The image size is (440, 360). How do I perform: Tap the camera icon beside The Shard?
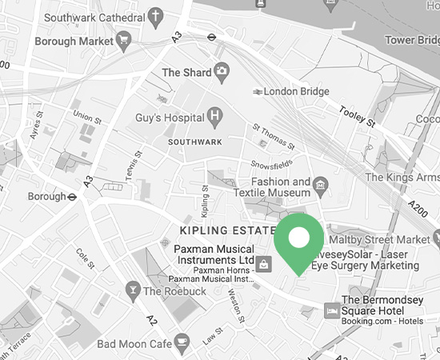[221, 73]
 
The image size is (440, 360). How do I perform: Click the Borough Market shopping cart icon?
[123, 38]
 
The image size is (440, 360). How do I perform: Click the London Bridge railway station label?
[298, 92]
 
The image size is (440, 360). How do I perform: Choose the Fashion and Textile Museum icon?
[321, 186]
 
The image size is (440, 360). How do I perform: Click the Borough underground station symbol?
[72, 196]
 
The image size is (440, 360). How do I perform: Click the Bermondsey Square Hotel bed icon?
[330, 308]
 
